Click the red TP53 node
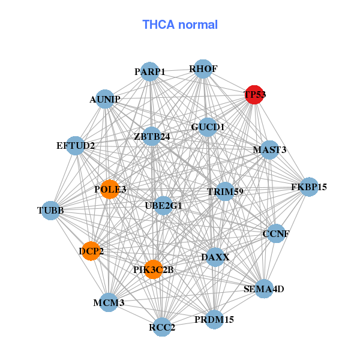[x=254, y=94]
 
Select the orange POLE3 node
[x=110, y=189]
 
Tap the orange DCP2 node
[x=91, y=251]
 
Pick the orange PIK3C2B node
[x=154, y=269]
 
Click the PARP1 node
[x=150, y=72]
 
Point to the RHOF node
[x=203, y=69]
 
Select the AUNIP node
[x=105, y=98]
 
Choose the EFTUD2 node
[x=76, y=145]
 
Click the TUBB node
[x=50, y=211]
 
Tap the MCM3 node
[x=109, y=302]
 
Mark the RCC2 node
[x=162, y=327]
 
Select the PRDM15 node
[x=214, y=320]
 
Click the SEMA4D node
[x=263, y=289]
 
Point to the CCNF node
[x=275, y=233]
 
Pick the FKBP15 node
[x=309, y=187]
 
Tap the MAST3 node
[x=269, y=149]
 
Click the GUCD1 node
[x=208, y=127]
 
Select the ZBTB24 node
[x=152, y=136]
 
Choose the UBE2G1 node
[x=163, y=205]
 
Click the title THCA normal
[x=180, y=25]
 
